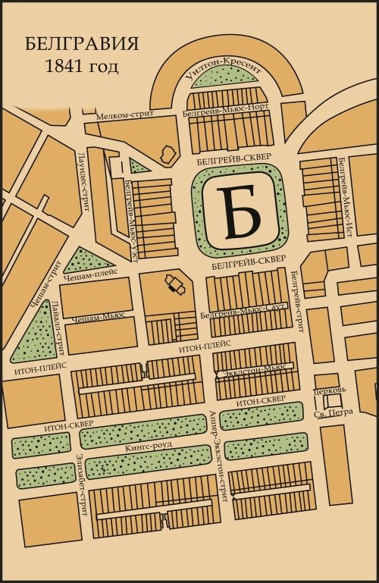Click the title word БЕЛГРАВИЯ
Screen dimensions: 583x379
point(81,43)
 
